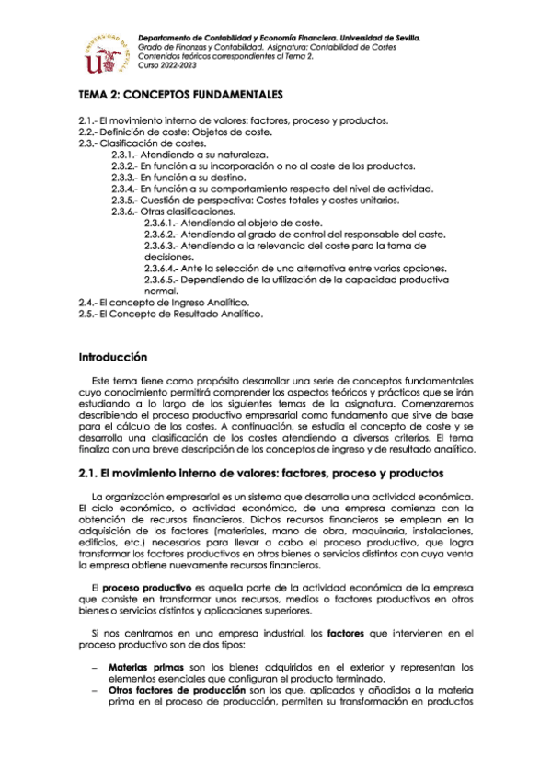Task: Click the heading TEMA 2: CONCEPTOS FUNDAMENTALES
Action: pos(180,95)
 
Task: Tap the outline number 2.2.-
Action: pos(89,132)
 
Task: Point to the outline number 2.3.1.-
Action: pos(124,155)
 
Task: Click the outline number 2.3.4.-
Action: pos(124,189)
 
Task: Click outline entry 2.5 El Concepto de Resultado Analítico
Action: pos(171,314)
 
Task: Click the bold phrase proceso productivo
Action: pos(141,587)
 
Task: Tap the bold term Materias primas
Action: pos(140,666)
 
